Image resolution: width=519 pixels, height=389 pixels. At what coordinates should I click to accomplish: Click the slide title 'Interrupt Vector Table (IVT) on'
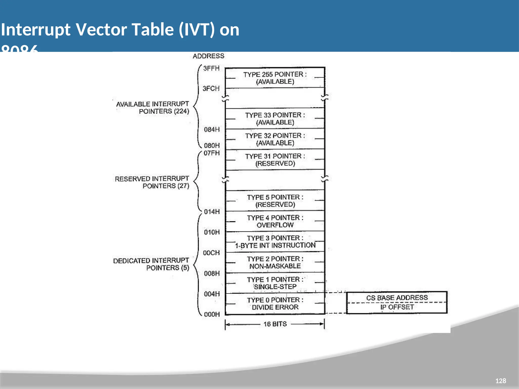[120, 30]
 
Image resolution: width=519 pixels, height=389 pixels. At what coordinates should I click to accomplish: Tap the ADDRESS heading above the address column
[208, 56]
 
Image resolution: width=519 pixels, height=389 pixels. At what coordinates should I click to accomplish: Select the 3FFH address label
[211, 68]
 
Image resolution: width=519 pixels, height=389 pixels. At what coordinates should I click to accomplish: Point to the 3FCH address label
[211, 89]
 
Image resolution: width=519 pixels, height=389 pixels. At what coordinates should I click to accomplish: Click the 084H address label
[212, 130]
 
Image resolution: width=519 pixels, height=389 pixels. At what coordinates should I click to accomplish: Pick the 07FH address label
[212, 153]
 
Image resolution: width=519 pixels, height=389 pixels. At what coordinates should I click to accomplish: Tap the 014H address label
[212, 212]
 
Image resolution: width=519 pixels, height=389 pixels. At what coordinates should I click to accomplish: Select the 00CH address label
[211, 253]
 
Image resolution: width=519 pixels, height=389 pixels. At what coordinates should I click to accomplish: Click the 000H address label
[212, 314]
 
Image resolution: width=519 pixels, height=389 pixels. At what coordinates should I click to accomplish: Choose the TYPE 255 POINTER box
[275, 78]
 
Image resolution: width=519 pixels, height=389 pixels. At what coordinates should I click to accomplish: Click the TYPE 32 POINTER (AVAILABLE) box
[275, 139]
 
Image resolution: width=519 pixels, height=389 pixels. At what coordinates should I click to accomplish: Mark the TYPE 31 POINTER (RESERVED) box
[275, 160]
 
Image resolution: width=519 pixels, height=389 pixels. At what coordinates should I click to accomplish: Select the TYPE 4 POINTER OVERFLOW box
[275, 221]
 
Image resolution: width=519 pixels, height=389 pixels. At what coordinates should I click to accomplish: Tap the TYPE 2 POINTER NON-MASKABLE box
[275, 262]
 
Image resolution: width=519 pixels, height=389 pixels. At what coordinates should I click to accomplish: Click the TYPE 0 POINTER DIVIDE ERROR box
[275, 303]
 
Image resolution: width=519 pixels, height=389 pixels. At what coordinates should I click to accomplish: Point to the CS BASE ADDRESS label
[397, 298]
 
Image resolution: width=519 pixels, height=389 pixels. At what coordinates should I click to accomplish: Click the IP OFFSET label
[397, 307]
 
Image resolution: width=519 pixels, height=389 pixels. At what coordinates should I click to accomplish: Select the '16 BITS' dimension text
[275, 324]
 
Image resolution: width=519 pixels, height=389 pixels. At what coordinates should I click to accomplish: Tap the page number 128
[501, 381]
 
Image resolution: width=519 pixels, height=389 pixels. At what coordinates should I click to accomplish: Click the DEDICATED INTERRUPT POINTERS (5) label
[151, 264]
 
